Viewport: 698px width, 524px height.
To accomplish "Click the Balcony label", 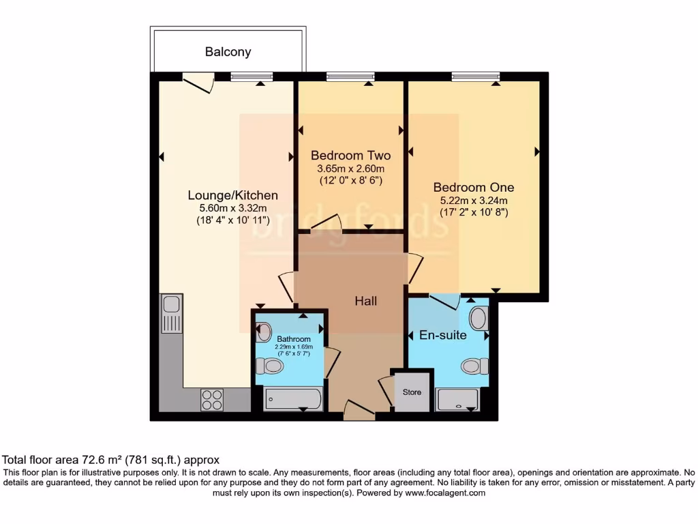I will point(228,52).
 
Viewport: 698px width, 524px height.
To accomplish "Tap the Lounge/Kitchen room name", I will point(233,195).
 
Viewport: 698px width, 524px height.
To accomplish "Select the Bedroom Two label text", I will point(350,156).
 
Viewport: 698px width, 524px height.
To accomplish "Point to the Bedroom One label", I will point(474,187).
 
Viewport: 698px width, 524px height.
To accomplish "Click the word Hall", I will point(365,301).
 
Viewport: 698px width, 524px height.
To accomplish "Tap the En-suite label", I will point(442,335).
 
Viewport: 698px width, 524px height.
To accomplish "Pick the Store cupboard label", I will point(412,392).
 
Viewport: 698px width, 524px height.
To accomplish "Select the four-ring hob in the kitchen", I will point(212,399).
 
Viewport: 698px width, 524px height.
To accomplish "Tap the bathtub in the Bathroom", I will point(292,399).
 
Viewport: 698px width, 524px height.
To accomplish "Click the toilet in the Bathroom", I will point(270,366).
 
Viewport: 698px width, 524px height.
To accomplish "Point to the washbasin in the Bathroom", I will point(263,332).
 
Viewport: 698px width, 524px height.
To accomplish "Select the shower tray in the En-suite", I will point(457,400).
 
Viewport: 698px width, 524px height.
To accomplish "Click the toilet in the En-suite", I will point(474,366).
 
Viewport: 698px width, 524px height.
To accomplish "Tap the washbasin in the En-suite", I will point(480,318).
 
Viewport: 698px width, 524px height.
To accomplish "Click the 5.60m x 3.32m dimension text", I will point(233,209).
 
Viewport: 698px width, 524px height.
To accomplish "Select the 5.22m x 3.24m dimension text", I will point(474,201).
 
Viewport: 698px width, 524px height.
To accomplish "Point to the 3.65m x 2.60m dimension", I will point(350,169).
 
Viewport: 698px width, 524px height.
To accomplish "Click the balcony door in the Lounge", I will point(199,83).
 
